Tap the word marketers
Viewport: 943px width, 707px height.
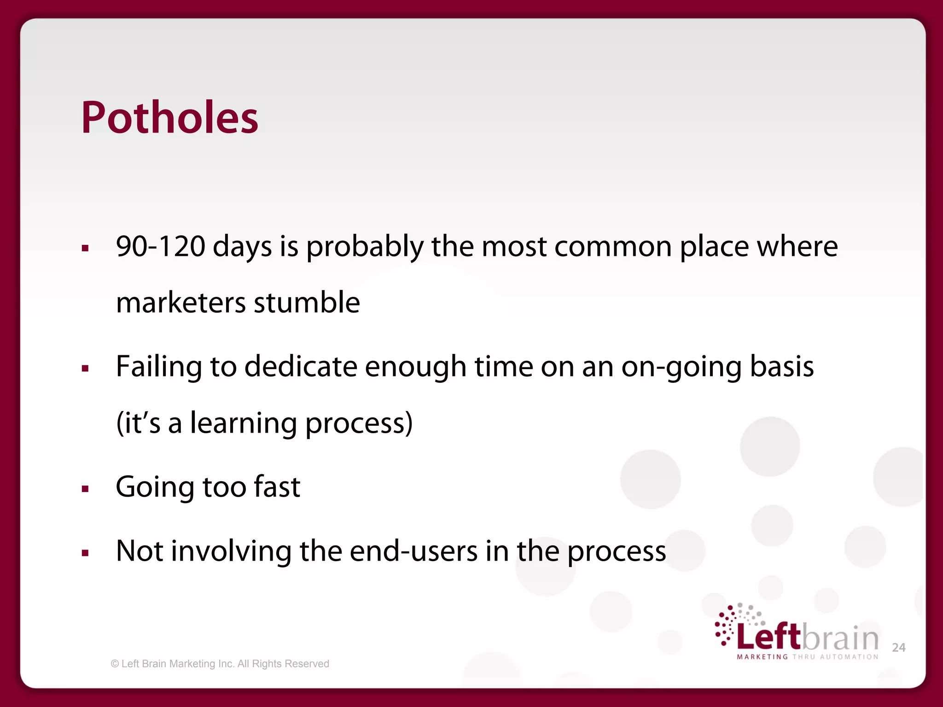(181, 302)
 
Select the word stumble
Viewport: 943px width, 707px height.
(307, 302)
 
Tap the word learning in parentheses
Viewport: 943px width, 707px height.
(243, 423)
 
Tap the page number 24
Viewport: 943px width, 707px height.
(898, 648)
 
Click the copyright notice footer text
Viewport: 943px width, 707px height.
(220, 664)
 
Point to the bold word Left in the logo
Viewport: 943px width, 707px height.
(768, 637)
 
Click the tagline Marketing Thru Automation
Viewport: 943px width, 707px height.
(808, 657)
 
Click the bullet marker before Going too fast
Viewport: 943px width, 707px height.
(85, 489)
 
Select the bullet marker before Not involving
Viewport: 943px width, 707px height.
(85, 553)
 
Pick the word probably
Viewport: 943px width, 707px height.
(365, 247)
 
